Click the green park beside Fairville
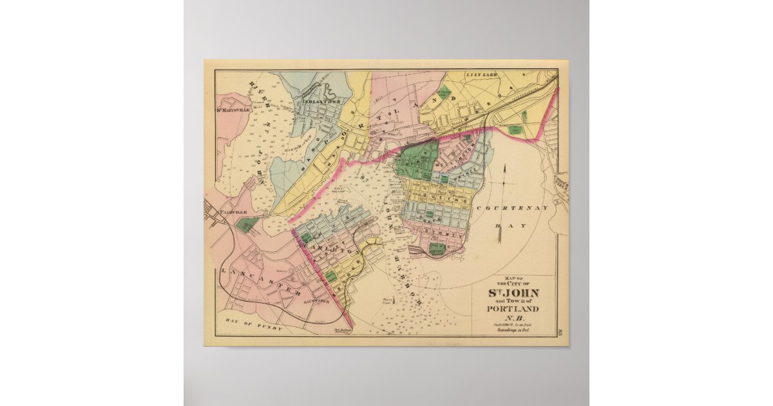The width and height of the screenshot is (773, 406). coord(246,224)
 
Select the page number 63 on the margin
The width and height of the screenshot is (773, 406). coord(558,331)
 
